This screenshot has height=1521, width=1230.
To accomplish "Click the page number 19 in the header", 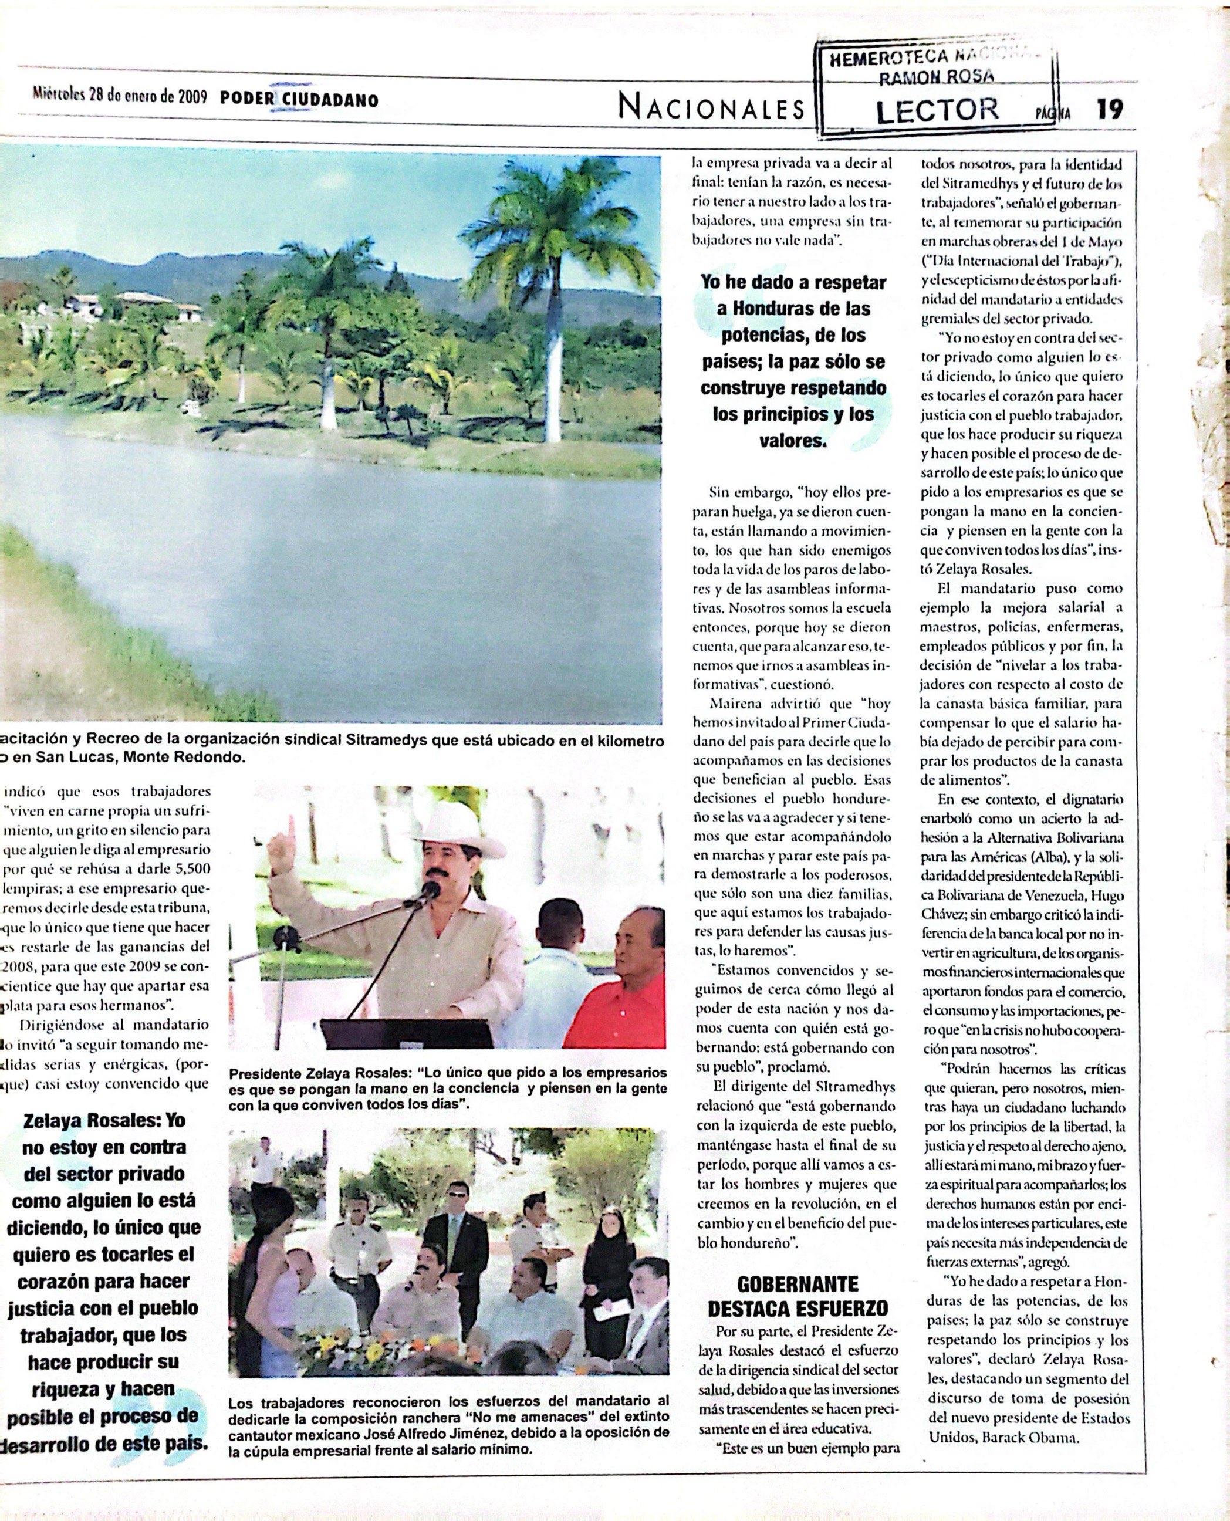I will [x=1110, y=109].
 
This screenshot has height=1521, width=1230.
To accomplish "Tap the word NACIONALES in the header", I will [x=712, y=109].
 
